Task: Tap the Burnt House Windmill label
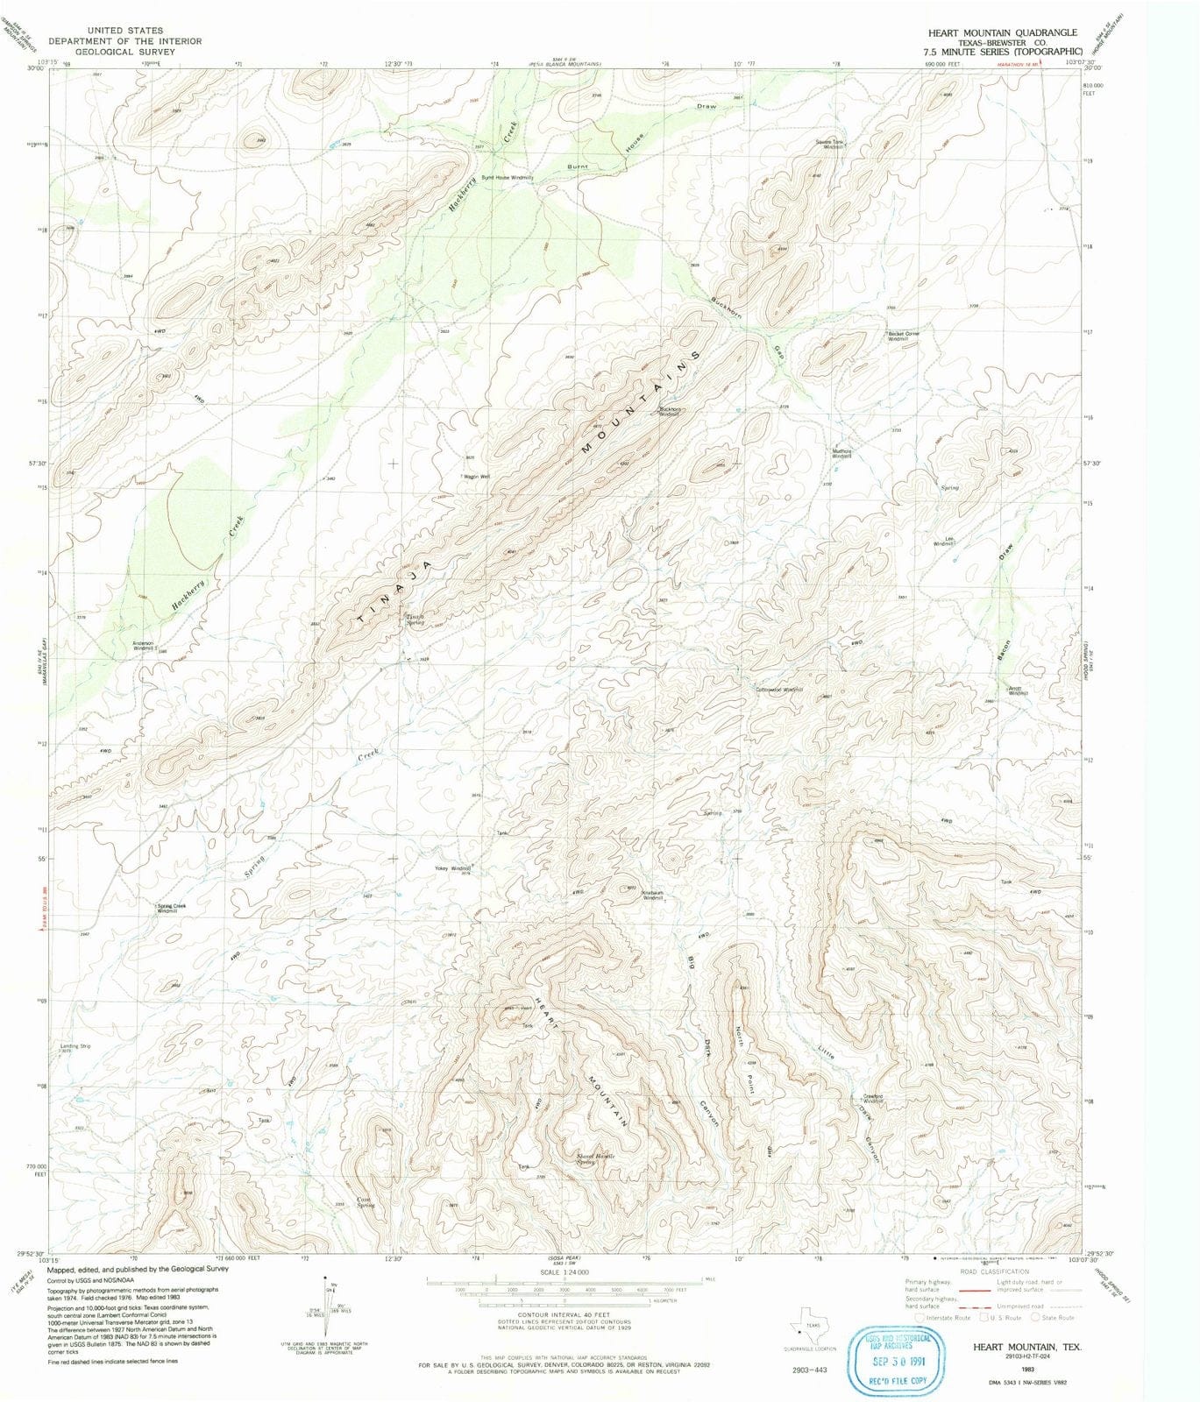coord(507,178)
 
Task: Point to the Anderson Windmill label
coord(143,646)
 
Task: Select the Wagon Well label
coord(477,477)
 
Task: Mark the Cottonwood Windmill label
coord(779,690)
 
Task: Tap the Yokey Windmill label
coord(453,868)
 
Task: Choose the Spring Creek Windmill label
coord(170,908)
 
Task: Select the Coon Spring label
coord(366,1202)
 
